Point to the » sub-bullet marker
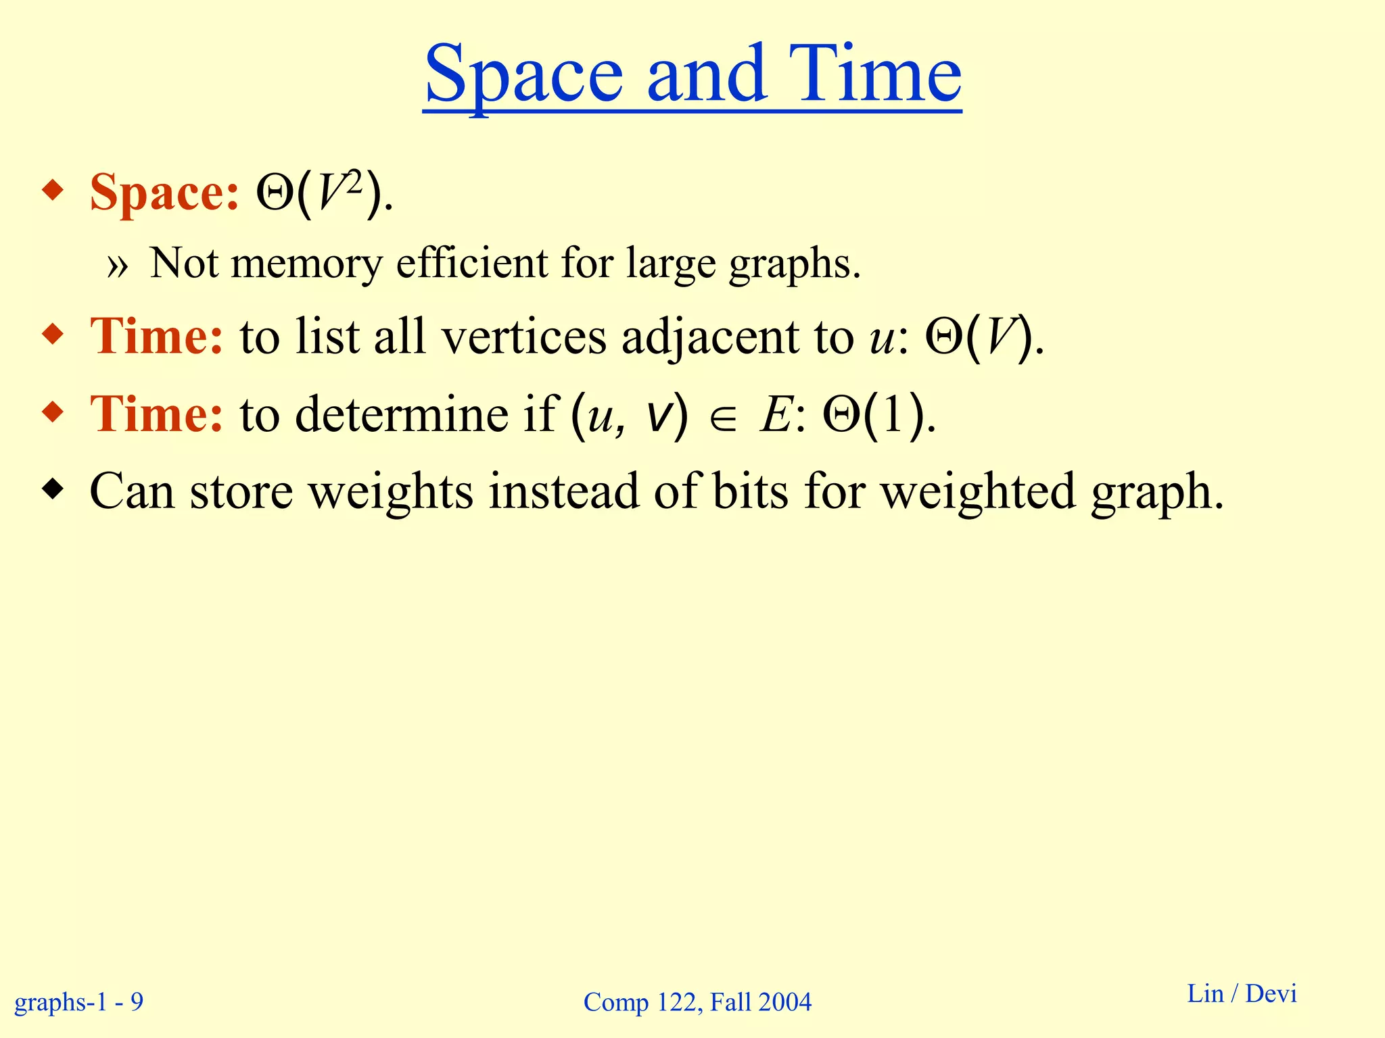[117, 266]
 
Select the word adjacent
[710, 338]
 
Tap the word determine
[402, 414]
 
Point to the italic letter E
[775, 414]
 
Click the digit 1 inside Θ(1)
[891, 414]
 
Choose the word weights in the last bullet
[391, 492]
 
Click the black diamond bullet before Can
[53, 489]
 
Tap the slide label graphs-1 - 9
[79, 1001]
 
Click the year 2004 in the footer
[785, 1002]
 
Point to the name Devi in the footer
[1271, 993]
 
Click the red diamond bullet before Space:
[53, 191]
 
